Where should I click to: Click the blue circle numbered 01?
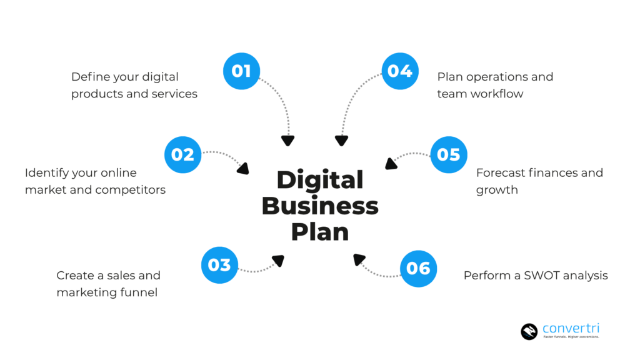click(241, 71)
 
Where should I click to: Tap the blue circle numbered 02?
click(182, 154)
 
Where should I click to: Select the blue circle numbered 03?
click(219, 265)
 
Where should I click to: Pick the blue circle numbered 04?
click(400, 71)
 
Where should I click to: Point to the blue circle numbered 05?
click(449, 154)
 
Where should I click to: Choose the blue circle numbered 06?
click(418, 269)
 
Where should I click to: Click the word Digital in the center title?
click(320, 181)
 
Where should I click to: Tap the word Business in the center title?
click(320, 206)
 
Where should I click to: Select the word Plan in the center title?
click(320, 231)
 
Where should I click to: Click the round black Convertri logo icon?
click(529, 331)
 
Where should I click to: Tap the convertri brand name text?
click(571, 328)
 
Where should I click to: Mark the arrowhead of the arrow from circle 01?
click(287, 141)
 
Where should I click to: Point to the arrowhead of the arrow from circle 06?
click(359, 258)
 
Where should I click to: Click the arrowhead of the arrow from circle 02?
click(243, 168)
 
